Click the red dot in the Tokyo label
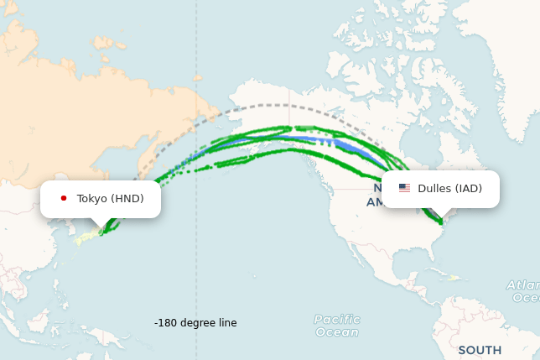64,199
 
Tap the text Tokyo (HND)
110,199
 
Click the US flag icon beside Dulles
404,188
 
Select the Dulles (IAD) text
449,188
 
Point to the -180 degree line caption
195,323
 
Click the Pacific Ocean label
336,326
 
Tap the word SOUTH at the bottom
480,350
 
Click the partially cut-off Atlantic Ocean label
523,291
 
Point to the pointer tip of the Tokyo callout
101,227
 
